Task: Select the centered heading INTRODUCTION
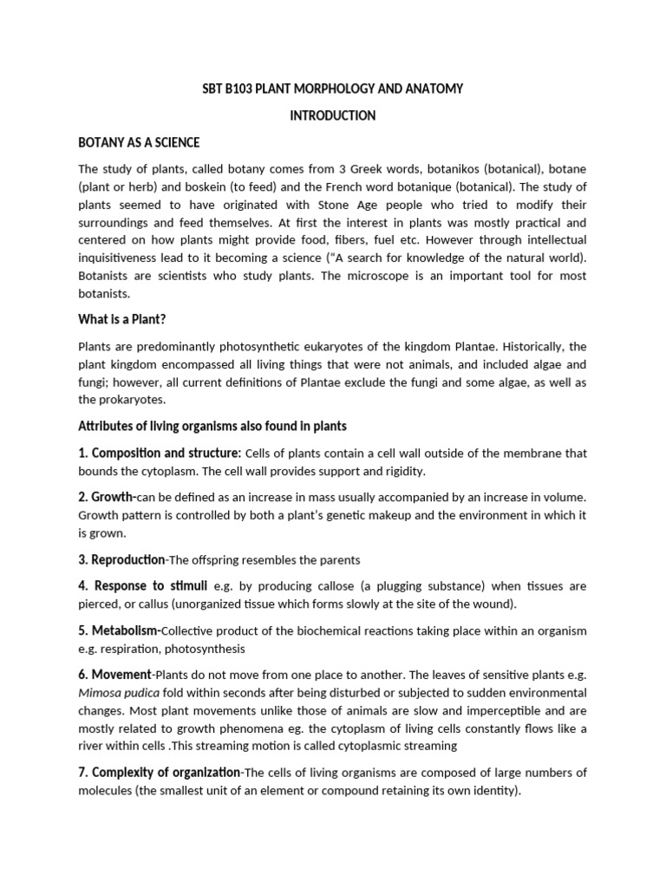pyautogui.click(x=332, y=115)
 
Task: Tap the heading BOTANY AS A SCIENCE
pyautogui.click(x=139, y=142)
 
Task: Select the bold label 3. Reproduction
pyautogui.click(x=121, y=559)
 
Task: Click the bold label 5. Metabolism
pyautogui.click(x=120, y=630)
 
